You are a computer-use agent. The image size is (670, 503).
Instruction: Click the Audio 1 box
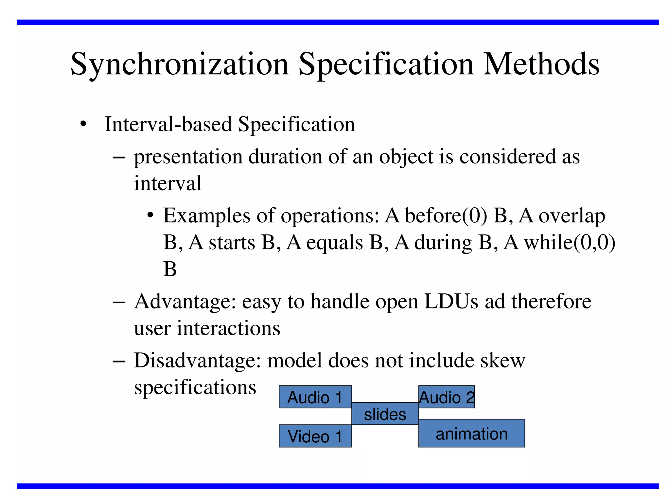pos(315,397)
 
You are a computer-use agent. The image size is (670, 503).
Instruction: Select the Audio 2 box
pos(447,397)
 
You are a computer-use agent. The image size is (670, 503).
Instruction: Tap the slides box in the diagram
pos(385,414)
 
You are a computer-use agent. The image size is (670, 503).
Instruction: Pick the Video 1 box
pos(315,436)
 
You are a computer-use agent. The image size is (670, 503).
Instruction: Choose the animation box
pos(471,433)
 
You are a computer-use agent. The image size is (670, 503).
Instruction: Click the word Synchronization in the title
pos(180,65)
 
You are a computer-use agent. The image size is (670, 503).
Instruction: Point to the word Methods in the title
pos(541,65)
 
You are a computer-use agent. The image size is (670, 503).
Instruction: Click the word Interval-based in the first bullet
pos(168,124)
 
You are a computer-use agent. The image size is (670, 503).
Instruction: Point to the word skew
pos(502,361)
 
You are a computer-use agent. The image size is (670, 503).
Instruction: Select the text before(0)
pos(446,216)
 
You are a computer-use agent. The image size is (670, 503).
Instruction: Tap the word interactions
pos(228,328)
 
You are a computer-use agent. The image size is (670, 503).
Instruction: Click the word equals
pos(334,243)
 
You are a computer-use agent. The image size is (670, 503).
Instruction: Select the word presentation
pos(188,157)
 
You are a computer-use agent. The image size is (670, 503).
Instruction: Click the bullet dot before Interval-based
pos(83,125)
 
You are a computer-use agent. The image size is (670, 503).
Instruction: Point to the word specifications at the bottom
pos(195,388)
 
